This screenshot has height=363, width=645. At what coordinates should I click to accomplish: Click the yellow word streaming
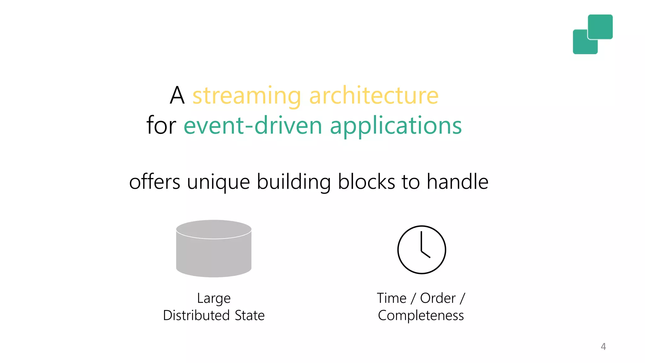coord(247,96)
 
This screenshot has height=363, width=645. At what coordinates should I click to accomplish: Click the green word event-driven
coord(253,125)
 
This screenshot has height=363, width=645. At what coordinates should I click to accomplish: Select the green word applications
coord(396,126)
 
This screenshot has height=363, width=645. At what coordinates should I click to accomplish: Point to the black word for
coord(161,125)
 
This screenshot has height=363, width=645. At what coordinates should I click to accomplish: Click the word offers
coord(154,182)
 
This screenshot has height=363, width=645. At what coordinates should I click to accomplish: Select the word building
coord(294,182)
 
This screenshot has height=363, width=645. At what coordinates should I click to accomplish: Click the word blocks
coord(366,182)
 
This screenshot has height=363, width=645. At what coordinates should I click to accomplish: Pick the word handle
coord(457,182)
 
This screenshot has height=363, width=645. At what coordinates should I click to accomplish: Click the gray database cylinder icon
coord(214,249)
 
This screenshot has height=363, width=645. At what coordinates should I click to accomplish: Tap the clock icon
coord(421,250)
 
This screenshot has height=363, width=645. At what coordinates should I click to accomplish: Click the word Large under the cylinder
coord(214,298)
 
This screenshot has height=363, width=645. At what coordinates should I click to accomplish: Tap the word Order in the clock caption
coord(438,298)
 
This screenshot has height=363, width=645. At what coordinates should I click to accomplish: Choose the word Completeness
coord(421,315)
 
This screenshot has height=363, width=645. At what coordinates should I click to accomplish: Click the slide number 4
coord(603,347)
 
